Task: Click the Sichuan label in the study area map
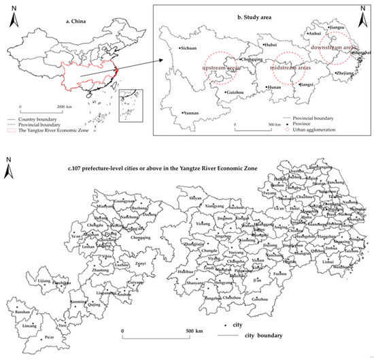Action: tap(188, 49)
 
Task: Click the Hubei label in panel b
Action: tap(272, 46)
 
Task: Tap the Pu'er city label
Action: tap(48, 338)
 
